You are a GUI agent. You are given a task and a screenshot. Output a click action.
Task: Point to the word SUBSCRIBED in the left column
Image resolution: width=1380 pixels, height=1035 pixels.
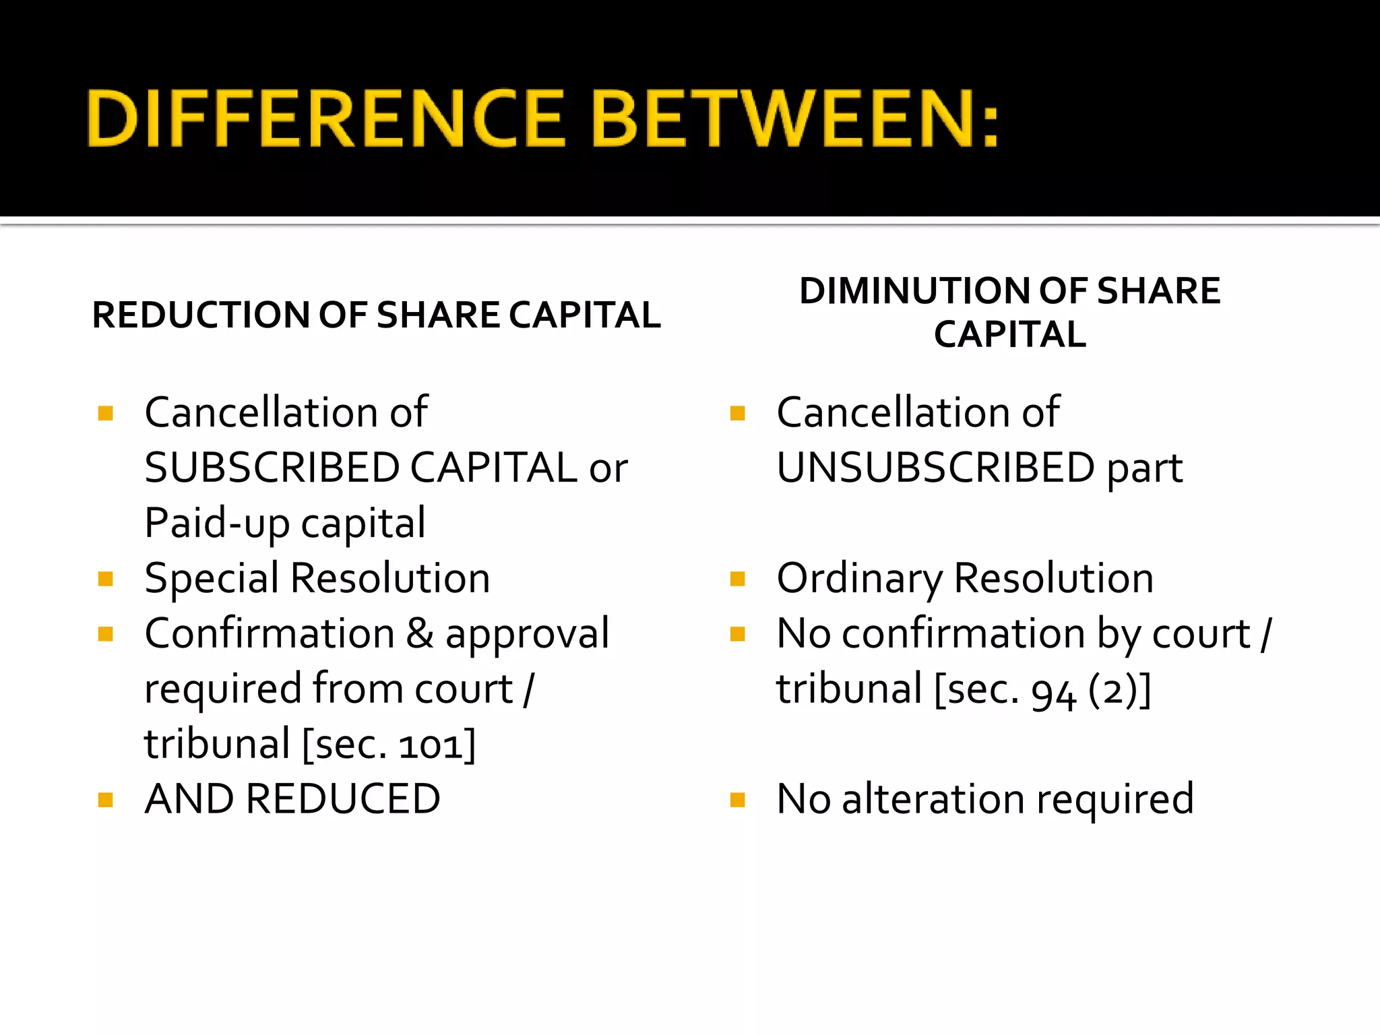(272, 468)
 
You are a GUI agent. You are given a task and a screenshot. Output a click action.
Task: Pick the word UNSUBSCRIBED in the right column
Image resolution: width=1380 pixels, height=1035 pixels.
(935, 468)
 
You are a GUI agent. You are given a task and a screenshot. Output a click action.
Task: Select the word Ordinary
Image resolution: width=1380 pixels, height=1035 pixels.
(859, 578)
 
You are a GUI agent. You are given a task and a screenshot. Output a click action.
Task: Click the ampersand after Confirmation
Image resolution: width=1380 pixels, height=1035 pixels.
(420, 633)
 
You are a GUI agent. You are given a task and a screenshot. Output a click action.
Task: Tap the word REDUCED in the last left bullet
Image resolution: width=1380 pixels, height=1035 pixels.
(343, 799)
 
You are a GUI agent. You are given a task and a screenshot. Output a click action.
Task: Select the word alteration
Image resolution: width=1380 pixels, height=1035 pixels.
(933, 799)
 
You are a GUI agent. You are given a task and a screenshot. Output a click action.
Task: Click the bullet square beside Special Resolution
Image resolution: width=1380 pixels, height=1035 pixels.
(105, 579)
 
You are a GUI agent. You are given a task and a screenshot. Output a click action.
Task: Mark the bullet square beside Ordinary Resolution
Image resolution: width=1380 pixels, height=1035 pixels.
(738, 579)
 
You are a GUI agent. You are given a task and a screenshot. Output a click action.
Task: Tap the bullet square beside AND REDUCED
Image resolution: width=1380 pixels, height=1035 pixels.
(105, 800)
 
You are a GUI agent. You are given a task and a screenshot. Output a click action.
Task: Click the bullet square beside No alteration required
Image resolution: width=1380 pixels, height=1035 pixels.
(738, 800)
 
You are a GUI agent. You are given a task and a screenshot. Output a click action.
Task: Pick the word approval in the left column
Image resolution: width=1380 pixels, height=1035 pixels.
(527, 635)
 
